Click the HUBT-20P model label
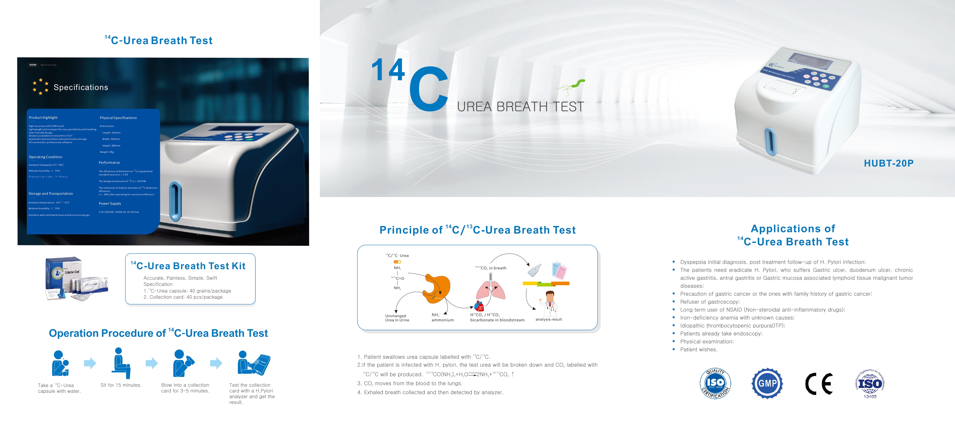pos(888,163)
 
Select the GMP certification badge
pos(767,383)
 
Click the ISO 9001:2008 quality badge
pos(715,383)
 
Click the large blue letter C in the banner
pos(429,89)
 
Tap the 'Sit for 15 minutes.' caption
pos(121,385)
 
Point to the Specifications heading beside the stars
pos(81,87)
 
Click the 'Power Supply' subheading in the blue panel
pos(110,203)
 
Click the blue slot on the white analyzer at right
pos(770,142)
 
